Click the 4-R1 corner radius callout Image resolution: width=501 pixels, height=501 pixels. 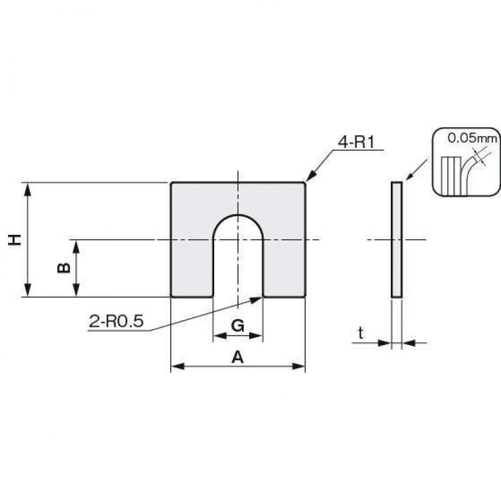356,142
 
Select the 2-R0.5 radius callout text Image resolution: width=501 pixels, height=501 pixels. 116,321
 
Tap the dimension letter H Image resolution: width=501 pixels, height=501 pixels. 14,239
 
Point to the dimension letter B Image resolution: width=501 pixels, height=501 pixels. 64,268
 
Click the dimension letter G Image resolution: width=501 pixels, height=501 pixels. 238,326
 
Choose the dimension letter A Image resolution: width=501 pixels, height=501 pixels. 237,357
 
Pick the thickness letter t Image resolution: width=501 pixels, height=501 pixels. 361,333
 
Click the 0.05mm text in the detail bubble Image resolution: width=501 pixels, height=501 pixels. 472,138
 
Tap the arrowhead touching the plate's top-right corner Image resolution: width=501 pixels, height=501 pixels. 311,177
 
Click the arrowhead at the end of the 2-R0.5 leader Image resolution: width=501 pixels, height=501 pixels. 256,300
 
